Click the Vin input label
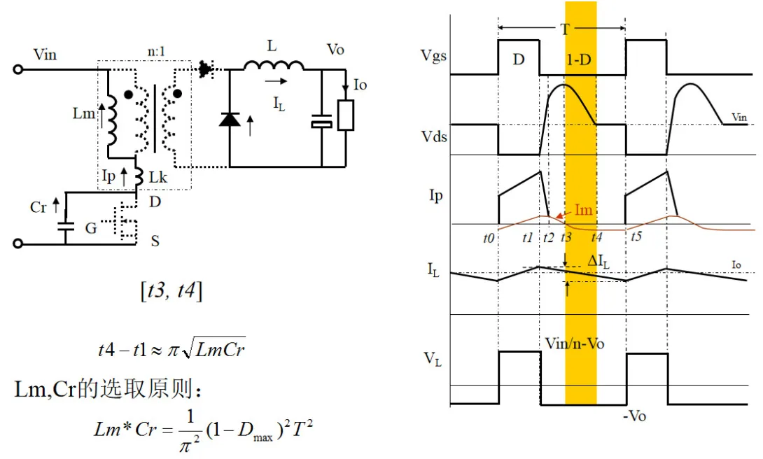(x=45, y=55)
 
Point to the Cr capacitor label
(x=38, y=208)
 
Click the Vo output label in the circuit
(x=335, y=50)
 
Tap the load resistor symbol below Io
(x=345, y=115)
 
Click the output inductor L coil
(x=274, y=66)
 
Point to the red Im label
(x=585, y=209)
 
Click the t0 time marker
(x=489, y=238)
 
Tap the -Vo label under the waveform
(x=634, y=416)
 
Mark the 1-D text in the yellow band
(x=579, y=60)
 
